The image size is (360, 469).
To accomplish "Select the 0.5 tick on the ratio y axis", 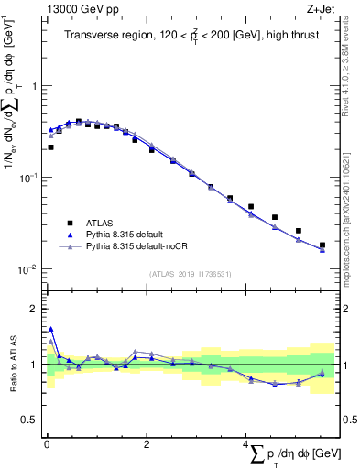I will point(30,420).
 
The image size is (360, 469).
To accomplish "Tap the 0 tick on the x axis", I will point(46,442).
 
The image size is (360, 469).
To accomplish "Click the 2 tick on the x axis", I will point(146,442).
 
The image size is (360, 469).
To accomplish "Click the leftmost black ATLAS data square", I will point(50,147).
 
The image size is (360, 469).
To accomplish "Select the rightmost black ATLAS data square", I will point(322,245).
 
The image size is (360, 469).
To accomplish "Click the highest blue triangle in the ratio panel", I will point(50,329).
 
